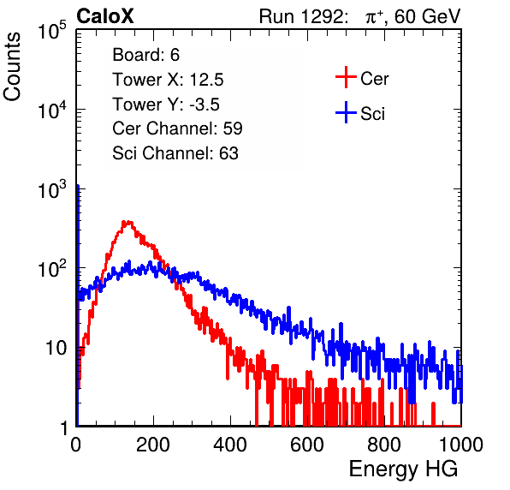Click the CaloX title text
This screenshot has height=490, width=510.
pyautogui.click(x=104, y=15)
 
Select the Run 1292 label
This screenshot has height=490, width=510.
pyautogui.click(x=301, y=15)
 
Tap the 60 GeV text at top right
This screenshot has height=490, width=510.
pyautogui.click(x=427, y=15)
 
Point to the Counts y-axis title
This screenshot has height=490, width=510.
pyautogui.click(x=12, y=67)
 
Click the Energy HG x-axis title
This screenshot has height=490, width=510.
pyautogui.click(x=403, y=469)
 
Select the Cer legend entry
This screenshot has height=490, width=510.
pyautogui.click(x=374, y=79)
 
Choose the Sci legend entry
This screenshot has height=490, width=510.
pyautogui.click(x=372, y=114)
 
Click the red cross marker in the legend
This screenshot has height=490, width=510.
pyautogui.click(x=346, y=77)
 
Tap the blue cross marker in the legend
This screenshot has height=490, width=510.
pyautogui.click(x=346, y=113)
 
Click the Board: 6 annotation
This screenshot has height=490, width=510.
pyautogui.click(x=145, y=55)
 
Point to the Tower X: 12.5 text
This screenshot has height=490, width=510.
pyautogui.click(x=168, y=80)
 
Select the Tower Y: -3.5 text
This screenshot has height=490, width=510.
pyautogui.click(x=166, y=105)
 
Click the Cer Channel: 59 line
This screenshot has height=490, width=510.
pyautogui.click(x=177, y=128)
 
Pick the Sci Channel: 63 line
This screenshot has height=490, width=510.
pyautogui.click(x=175, y=153)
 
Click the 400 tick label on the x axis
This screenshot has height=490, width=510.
pyautogui.click(x=230, y=445)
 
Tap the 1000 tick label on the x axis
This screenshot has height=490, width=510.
pyautogui.click(x=461, y=445)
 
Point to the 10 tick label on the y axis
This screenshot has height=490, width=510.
pyautogui.click(x=56, y=349)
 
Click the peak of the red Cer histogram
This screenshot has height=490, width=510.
pyautogui.click(x=127, y=223)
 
